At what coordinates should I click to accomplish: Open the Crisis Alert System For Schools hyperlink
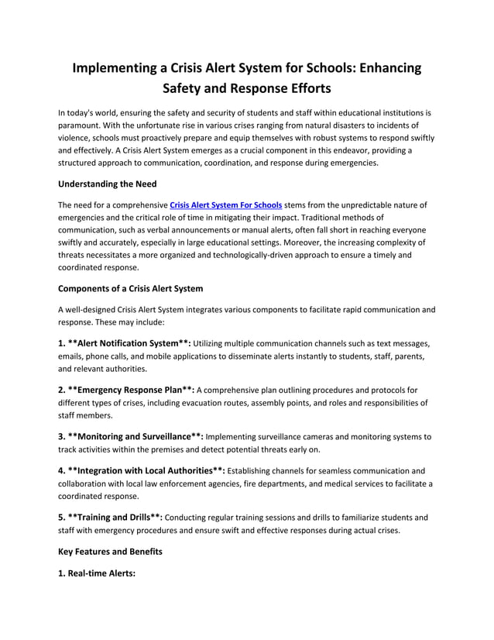click(225, 205)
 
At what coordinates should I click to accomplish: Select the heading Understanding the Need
click(108, 184)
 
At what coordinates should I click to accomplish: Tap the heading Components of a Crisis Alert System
click(131, 288)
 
